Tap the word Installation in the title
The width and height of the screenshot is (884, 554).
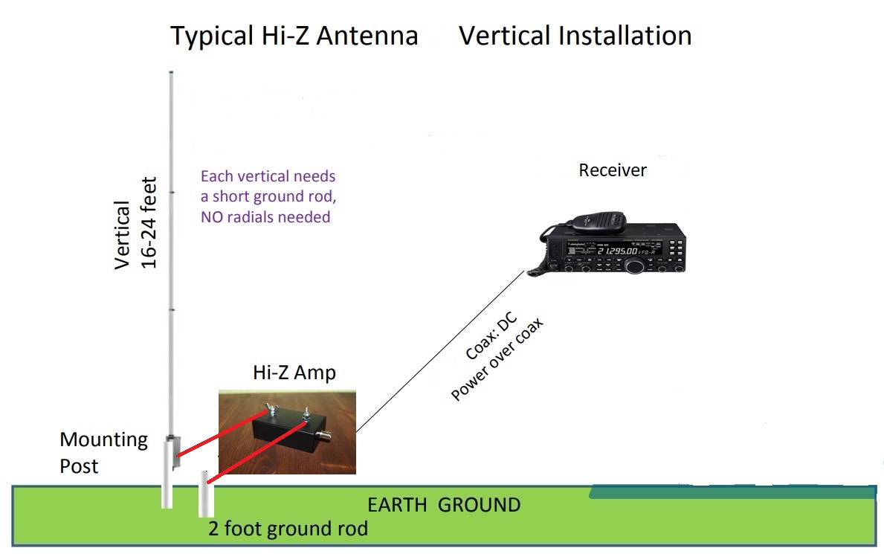tap(625, 36)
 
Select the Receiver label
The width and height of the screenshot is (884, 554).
tap(613, 170)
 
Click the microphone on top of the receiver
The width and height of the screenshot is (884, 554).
tap(599, 222)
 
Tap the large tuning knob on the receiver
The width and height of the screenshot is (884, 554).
tap(635, 265)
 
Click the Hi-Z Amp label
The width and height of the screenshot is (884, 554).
tap(294, 373)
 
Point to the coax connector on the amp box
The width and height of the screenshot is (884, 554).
tap(323, 436)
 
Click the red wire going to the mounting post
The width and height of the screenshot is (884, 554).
tap(222, 434)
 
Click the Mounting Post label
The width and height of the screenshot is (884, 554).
tap(103, 452)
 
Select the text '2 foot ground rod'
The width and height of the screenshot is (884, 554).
tap(288, 529)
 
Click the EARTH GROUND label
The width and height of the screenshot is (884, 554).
tap(444, 505)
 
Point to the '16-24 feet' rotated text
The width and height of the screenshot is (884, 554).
tap(148, 223)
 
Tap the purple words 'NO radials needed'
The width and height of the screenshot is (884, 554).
tap(265, 216)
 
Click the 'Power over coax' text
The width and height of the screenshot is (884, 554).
tap(497, 359)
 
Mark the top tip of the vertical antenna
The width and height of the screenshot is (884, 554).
tap(172, 71)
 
